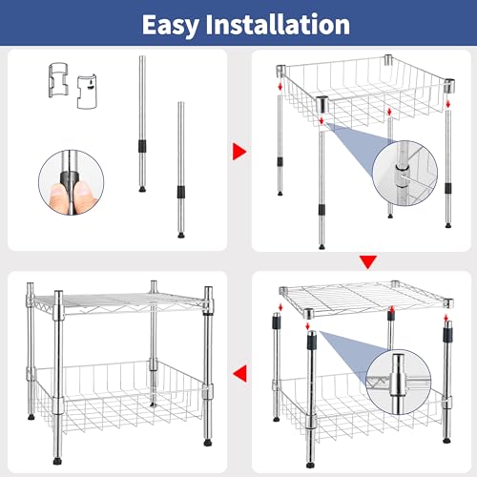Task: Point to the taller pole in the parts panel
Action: pos(141,124)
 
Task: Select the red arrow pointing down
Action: pos(367,261)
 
